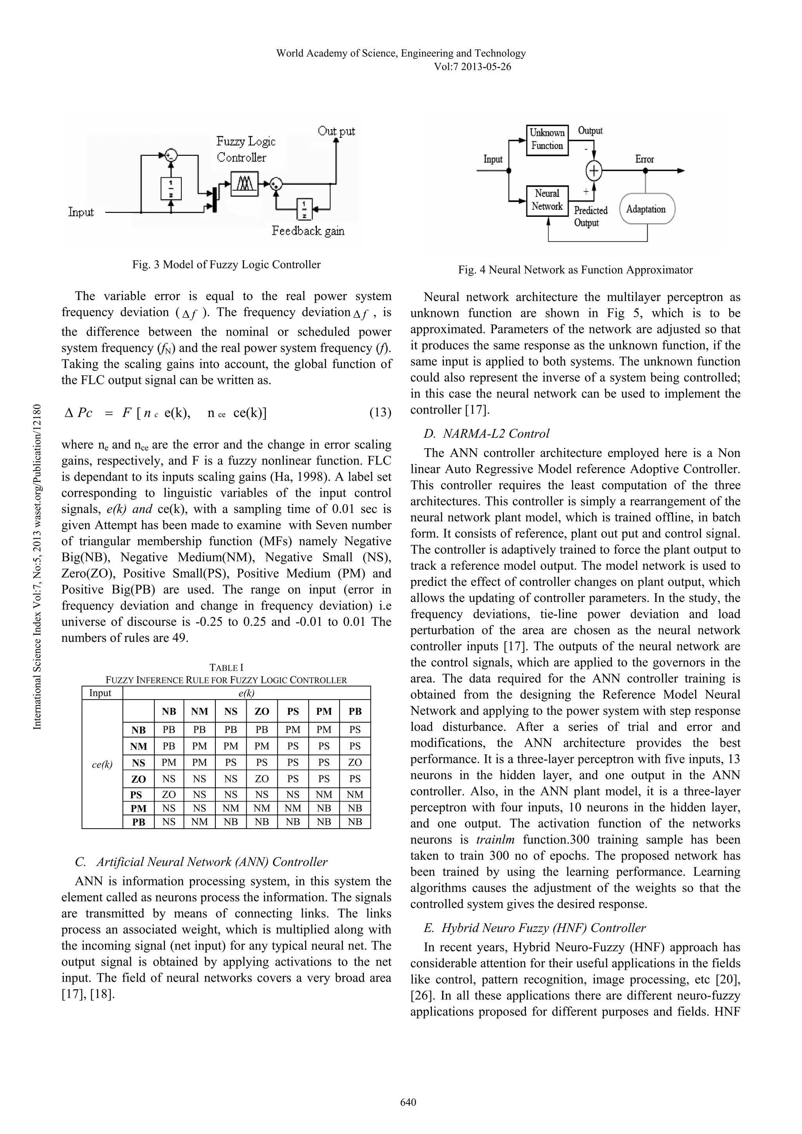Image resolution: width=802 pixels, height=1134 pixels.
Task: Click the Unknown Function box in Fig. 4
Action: click(547, 140)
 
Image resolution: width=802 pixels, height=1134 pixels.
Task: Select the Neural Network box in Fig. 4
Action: click(547, 200)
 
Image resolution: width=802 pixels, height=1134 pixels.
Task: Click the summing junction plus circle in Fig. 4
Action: click(593, 171)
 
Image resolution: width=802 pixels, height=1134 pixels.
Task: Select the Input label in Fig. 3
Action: click(81, 213)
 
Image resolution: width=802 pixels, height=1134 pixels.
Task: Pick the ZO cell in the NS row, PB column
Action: click(355, 763)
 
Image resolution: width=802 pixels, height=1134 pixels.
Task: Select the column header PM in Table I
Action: click(324, 712)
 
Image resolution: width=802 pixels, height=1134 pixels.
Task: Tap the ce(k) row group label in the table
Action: click(102, 764)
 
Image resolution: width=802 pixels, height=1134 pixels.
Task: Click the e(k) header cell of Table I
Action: click(246, 693)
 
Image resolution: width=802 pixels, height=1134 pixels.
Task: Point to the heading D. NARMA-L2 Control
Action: click(486, 434)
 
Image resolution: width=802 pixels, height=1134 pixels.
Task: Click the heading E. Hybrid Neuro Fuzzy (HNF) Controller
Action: click(535, 928)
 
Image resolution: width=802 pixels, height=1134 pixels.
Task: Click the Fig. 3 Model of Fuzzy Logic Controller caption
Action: click(226, 265)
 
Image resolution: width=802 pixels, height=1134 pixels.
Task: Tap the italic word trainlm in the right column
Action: click(497, 840)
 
